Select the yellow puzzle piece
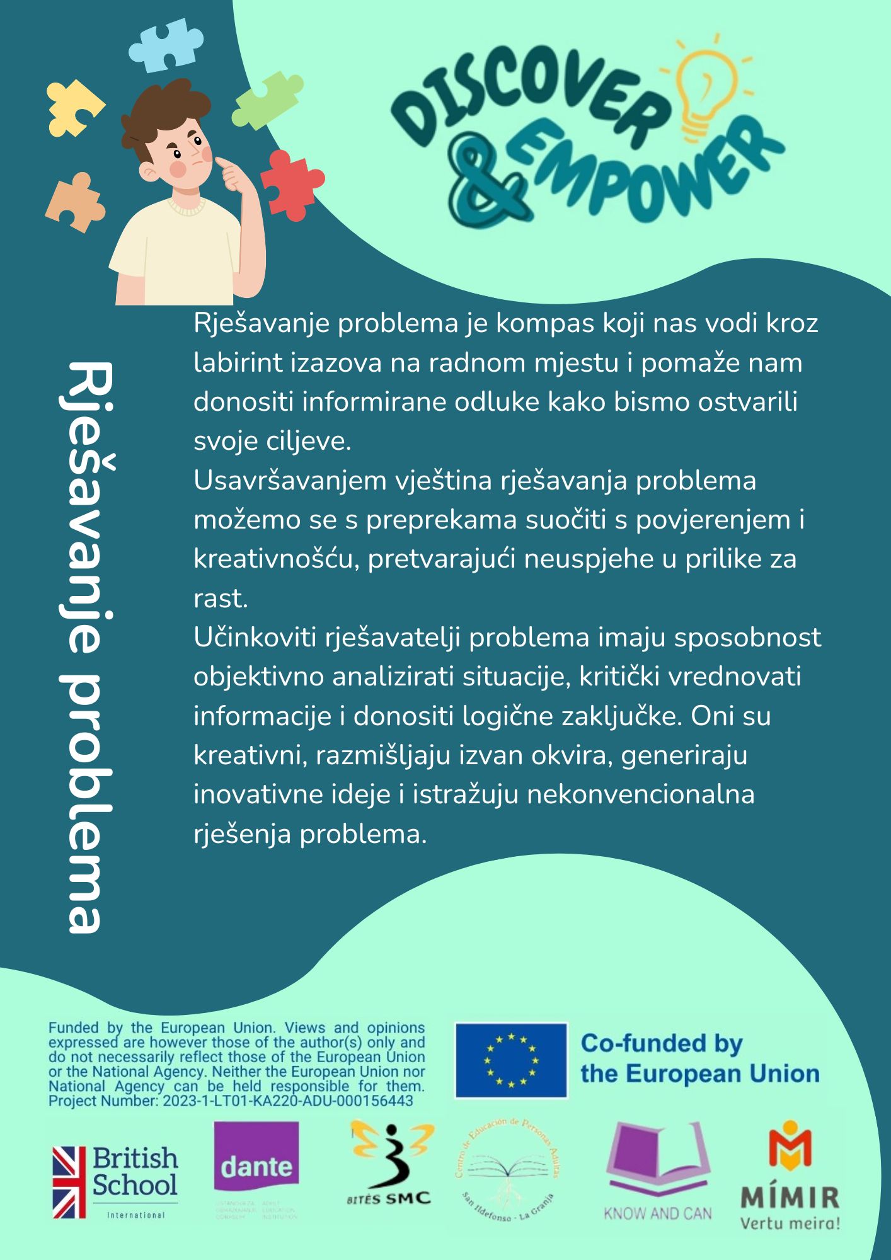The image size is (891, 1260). (x=73, y=108)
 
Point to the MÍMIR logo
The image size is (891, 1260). (x=790, y=1176)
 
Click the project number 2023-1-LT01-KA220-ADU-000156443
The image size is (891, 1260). (x=288, y=1101)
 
